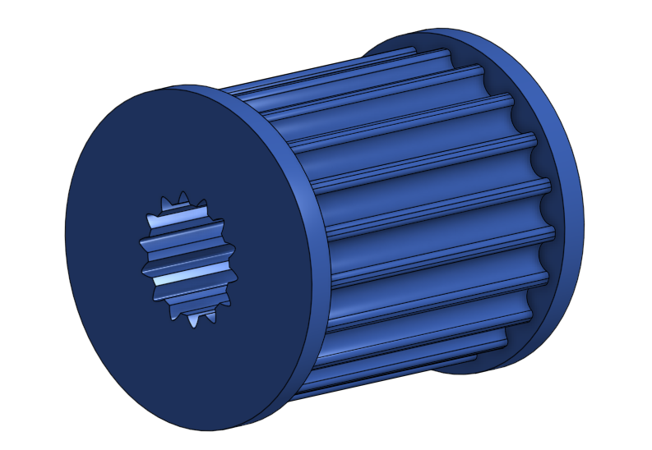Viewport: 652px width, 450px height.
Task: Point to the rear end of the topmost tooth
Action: (411, 51)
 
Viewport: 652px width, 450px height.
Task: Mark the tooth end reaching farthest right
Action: (548, 185)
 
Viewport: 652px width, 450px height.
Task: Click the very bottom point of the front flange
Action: (206, 430)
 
